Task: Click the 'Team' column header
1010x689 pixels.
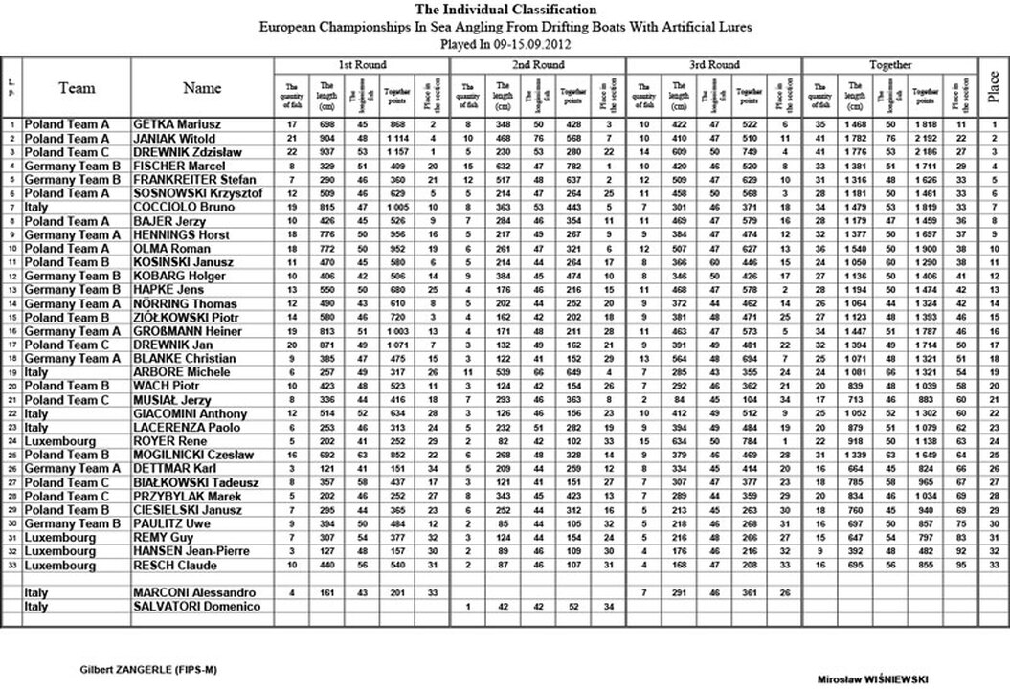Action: click(77, 88)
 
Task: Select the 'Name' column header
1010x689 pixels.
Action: click(202, 88)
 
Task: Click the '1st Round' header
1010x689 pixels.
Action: click(362, 64)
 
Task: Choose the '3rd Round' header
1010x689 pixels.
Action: click(713, 64)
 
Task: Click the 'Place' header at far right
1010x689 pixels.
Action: click(995, 88)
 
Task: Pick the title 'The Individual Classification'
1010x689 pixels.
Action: click(504, 10)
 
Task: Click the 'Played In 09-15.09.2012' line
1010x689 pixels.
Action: click(505, 45)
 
